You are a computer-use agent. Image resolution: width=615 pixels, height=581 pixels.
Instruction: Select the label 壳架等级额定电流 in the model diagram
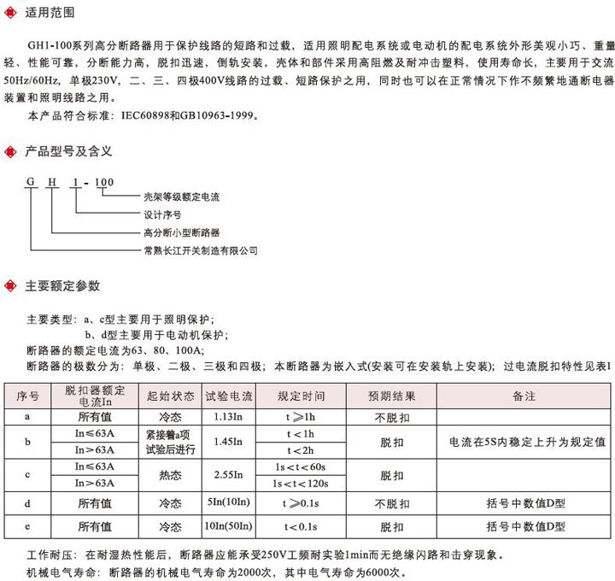pyautogui.click(x=181, y=197)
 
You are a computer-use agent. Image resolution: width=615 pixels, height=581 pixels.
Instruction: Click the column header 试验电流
pyautogui.click(x=230, y=396)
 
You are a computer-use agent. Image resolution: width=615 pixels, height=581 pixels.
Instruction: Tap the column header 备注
pyautogui.click(x=524, y=396)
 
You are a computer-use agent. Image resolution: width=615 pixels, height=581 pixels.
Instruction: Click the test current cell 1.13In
pyautogui.click(x=230, y=417)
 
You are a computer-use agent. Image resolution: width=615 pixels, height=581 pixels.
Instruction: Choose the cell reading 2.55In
pyautogui.click(x=230, y=475)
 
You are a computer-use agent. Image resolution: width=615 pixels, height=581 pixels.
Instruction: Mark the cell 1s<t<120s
pyautogui.click(x=301, y=484)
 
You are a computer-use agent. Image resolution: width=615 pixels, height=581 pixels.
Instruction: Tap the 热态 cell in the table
pyautogui.click(x=170, y=475)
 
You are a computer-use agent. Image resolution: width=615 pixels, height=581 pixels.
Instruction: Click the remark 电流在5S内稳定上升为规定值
pyautogui.click(x=526, y=443)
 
